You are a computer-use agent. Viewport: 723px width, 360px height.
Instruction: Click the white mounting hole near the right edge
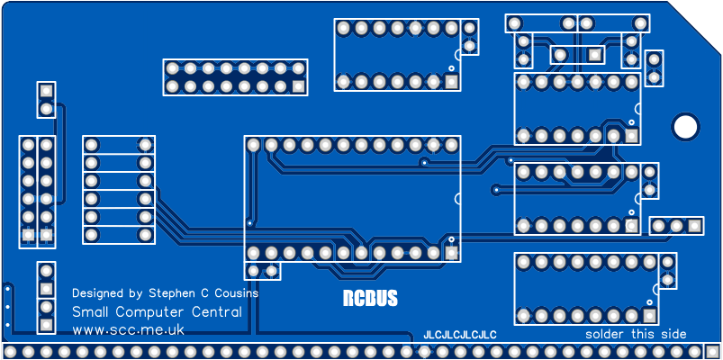pyautogui.click(x=685, y=126)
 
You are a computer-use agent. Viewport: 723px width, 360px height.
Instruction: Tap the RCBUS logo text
pyautogui.click(x=370, y=299)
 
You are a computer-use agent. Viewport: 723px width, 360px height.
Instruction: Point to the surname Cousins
pyautogui.click(x=233, y=293)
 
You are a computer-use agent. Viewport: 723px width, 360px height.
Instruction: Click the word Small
pyautogui.click(x=89, y=311)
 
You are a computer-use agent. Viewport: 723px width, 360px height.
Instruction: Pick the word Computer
pyautogui.click(x=153, y=312)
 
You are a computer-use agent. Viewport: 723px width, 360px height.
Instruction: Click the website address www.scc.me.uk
pyautogui.click(x=128, y=329)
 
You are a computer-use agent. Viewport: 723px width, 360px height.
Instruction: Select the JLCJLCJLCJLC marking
pyautogui.click(x=460, y=335)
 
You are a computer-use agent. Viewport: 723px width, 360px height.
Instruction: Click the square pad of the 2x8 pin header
pyautogui.click(x=298, y=87)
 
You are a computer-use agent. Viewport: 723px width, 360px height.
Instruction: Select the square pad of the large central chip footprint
pyautogui.click(x=451, y=253)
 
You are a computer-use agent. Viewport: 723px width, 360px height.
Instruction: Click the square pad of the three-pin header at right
pyautogui.click(x=694, y=225)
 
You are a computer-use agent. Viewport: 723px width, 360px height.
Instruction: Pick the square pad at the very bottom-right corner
pyautogui.click(x=711, y=351)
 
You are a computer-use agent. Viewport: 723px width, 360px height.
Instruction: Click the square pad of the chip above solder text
pyautogui.click(x=649, y=316)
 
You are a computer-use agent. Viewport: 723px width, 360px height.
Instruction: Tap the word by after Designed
pyautogui.click(x=136, y=293)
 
